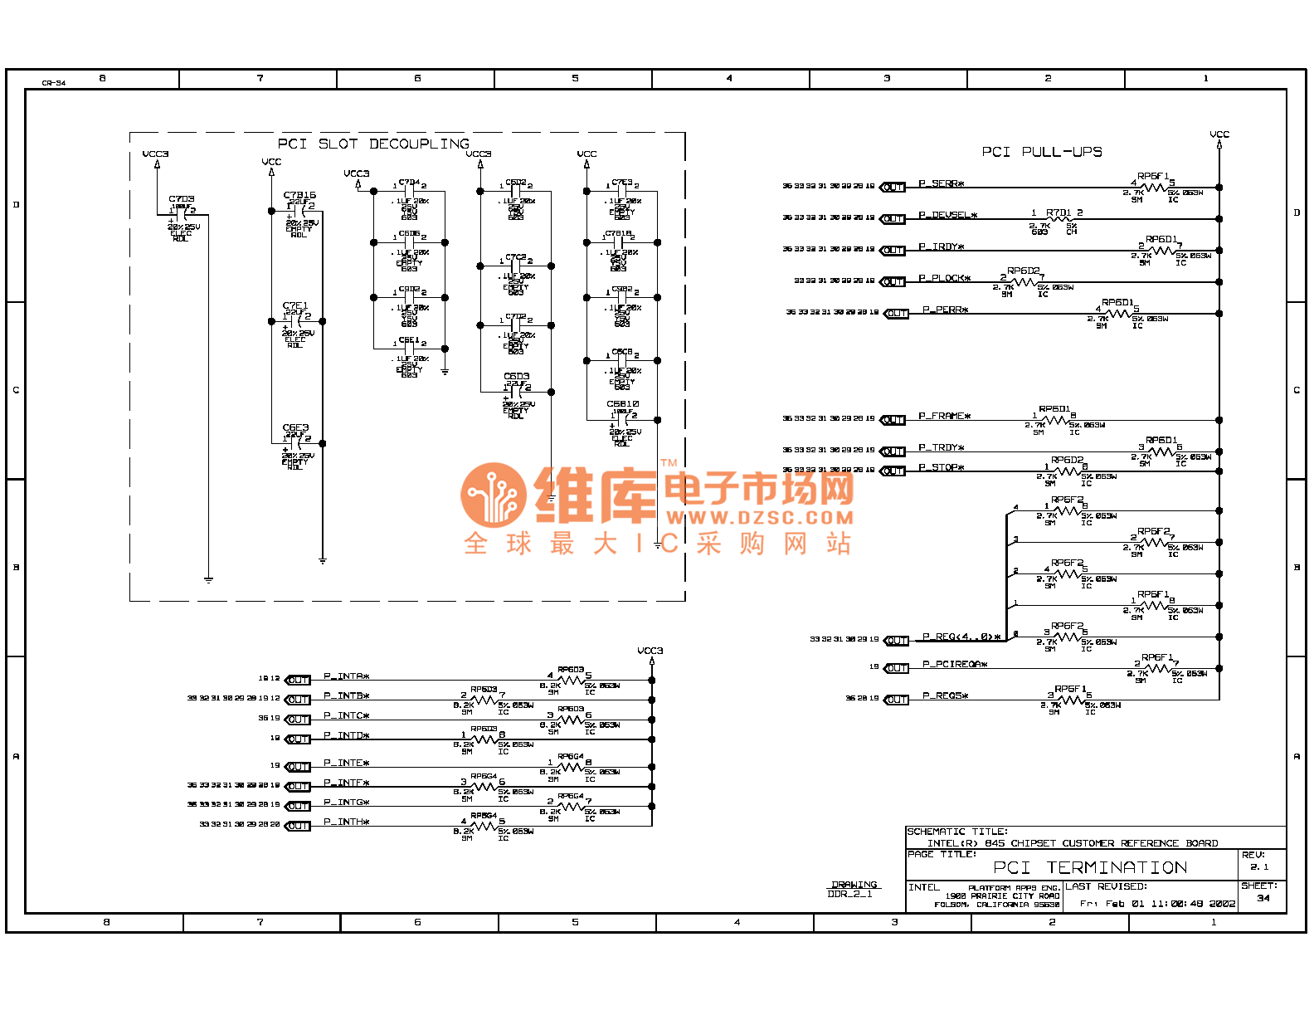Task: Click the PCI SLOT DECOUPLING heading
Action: click(x=373, y=144)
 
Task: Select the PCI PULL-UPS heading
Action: click(x=1042, y=152)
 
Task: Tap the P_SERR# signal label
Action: click(x=941, y=183)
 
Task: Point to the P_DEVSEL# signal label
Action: click(x=947, y=215)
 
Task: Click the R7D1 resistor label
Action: click(x=1059, y=213)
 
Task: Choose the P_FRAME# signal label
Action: click(x=944, y=416)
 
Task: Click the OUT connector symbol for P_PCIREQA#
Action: click(x=896, y=668)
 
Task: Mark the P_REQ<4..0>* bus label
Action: click(x=961, y=637)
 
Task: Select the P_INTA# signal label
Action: click(x=346, y=676)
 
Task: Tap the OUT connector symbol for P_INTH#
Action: click(x=298, y=826)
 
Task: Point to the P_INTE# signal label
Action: click(x=346, y=763)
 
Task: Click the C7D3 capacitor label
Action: click(x=182, y=199)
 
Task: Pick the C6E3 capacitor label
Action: click(x=295, y=428)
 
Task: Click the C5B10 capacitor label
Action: click(x=622, y=404)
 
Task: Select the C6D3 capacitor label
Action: click(x=516, y=376)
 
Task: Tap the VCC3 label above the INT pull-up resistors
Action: click(x=650, y=651)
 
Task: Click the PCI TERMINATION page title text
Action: click(x=1090, y=868)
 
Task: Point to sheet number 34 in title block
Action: click(x=1263, y=898)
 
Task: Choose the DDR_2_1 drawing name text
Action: click(x=849, y=894)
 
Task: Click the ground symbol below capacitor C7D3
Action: click(x=208, y=579)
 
